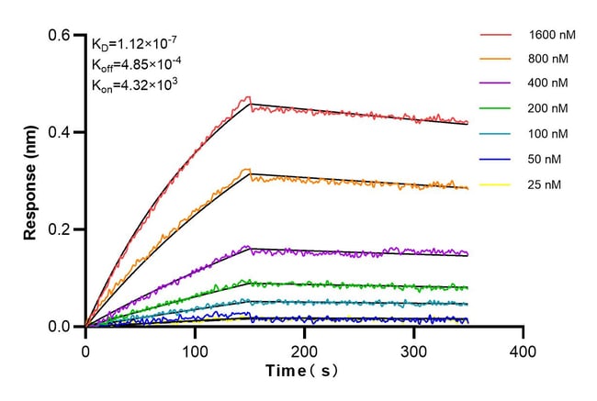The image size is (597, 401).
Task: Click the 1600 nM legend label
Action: coord(552,36)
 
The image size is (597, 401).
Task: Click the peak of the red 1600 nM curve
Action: coord(247,97)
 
